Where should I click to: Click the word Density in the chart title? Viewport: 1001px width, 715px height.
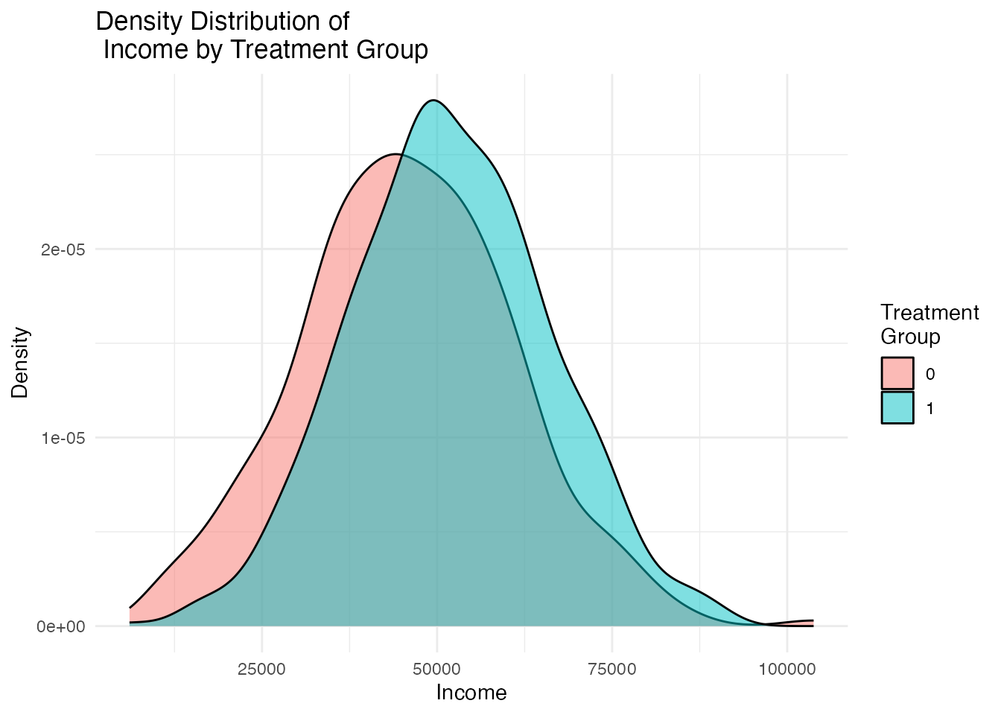click(x=141, y=22)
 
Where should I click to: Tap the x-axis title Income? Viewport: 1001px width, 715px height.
click(x=471, y=693)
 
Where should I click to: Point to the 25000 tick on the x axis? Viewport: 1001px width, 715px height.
click(x=261, y=669)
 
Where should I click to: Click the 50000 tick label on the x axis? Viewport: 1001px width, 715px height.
click(x=437, y=669)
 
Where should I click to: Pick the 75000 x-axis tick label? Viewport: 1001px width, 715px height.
click(x=612, y=669)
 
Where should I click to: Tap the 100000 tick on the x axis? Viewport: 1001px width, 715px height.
click(x=786, y=669)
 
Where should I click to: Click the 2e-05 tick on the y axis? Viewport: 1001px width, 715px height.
click(x=63, y=250)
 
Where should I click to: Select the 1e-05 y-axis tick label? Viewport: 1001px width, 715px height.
click(x=63, y=438)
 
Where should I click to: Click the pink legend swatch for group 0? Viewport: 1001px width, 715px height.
click(x=897, y=373)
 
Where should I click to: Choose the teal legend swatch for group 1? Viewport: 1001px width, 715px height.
click(x=897, y=407)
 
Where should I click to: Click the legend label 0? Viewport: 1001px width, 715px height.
click(x=930, y=374)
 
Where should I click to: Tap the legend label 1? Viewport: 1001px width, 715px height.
click(x=930, y=408)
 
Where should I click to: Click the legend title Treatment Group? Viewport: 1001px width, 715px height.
click(x=929, y=325)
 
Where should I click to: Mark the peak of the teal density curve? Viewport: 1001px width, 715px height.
click(x=433, y=101)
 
